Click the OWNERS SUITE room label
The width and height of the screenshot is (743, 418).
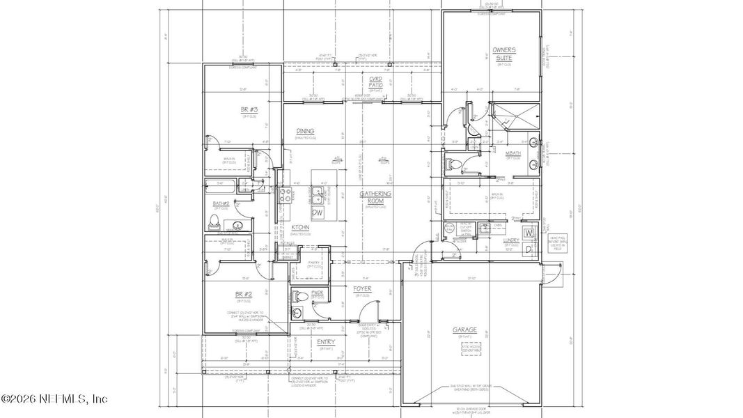point(503,54)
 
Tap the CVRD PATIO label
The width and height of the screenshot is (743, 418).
point(376,82)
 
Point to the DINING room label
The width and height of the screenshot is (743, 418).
point(305,131)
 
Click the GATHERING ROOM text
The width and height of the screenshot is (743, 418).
point(375,197)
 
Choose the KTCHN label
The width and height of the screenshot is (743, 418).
point(300,228)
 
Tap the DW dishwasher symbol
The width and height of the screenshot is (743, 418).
point(318,212)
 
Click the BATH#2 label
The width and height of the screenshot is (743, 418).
point(221,203)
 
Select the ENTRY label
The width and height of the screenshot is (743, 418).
point(325,342)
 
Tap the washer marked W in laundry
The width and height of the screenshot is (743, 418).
point(529,232)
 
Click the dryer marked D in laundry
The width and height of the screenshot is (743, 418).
point(529,249)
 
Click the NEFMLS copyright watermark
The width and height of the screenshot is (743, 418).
point(54,399)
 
